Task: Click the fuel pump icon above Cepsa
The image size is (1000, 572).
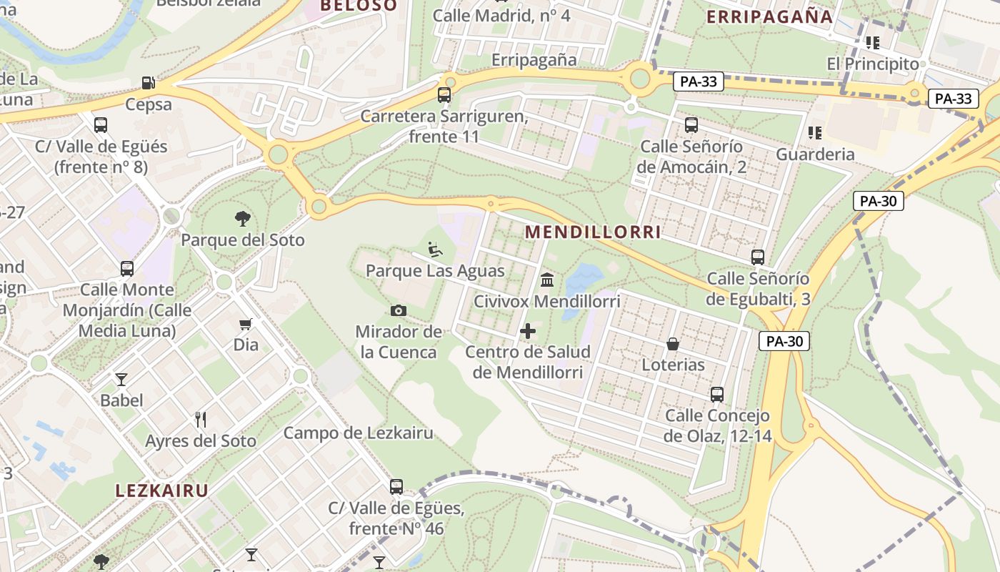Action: click(149, 83)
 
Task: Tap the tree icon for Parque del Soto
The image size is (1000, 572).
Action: click(243, 219)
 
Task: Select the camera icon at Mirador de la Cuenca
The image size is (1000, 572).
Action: click(399, 310)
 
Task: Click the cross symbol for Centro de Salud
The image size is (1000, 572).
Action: click(528, 331)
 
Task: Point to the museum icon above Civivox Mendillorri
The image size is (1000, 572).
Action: click(547, 280)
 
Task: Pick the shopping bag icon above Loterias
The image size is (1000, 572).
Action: click(673, 344)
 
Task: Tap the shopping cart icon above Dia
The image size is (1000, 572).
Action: click(246, 324)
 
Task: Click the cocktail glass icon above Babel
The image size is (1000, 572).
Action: click(121, 379)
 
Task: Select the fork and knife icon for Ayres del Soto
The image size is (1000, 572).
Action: click(201, 420)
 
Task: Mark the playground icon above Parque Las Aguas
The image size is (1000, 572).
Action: click(435, 250)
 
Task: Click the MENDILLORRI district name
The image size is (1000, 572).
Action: click(593, 232)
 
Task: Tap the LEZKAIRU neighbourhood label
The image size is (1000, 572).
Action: click(162, 490)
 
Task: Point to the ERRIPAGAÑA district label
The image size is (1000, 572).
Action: click(769, 17)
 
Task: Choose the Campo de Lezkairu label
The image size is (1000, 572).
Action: click(359, 433)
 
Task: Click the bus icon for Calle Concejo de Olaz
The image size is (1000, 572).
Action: click(717, 394)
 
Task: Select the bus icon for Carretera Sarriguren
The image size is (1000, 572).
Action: click(444, 95)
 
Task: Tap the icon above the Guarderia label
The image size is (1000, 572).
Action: click(814, 133)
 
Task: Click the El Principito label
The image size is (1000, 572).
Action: click(873, 64)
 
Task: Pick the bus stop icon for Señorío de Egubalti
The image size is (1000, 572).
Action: click(758, 257)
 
